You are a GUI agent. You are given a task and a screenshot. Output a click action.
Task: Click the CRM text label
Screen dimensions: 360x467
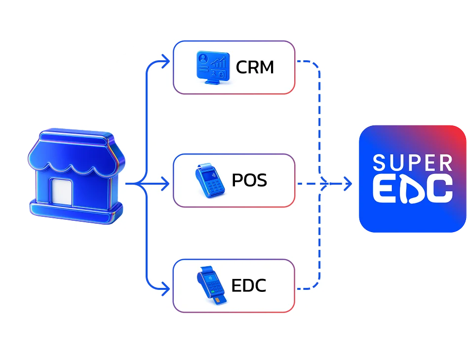(x=255, y=67)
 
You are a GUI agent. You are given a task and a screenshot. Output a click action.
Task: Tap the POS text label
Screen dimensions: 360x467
(x=249, y=180)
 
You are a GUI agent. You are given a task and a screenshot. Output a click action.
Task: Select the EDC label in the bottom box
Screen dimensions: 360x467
(x=249, y=286)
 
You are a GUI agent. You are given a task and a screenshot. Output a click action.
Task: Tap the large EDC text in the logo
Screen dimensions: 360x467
(x=413, y=189)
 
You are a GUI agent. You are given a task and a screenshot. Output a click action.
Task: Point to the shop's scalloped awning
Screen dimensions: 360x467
(x=77, y=158)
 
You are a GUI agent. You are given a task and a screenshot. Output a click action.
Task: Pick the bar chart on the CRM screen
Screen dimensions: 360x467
(x=218, y=63)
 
